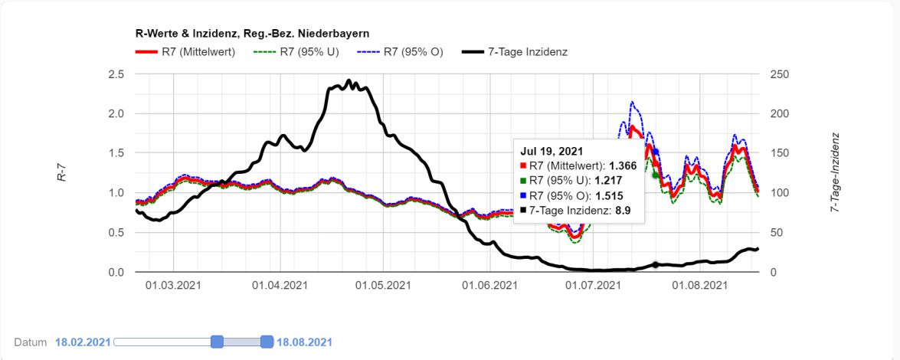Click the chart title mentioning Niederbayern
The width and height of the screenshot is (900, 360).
point(253,34)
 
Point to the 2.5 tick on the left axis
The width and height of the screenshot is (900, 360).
point(116,74)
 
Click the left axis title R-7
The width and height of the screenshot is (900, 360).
point(61,174)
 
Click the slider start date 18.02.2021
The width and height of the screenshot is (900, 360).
point(83,342)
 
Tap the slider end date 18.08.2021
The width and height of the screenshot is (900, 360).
point(304,342)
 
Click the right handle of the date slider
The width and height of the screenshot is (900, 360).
point(267,342)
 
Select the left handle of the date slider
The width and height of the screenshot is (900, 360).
point(218,342)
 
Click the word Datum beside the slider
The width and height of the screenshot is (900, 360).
point(31,342)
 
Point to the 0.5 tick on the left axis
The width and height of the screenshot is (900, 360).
point(116,233)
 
